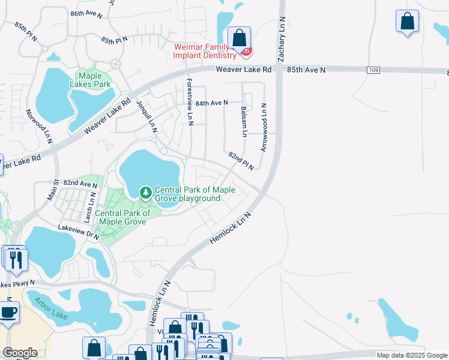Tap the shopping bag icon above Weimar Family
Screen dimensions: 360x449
coord(239,38)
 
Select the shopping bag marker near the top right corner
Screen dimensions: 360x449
coord(407,22)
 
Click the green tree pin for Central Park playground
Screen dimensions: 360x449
coord(145,193)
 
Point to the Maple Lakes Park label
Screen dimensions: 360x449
coord(93,80)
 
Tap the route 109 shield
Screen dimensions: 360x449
coord(373,70)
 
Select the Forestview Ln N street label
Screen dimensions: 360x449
coord(190,101)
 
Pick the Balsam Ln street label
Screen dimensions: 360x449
coord(244,122)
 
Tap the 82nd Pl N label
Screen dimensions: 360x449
coord(241,160)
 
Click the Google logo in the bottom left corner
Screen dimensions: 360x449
coord(20,353)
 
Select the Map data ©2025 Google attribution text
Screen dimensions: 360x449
coord(411,355)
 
